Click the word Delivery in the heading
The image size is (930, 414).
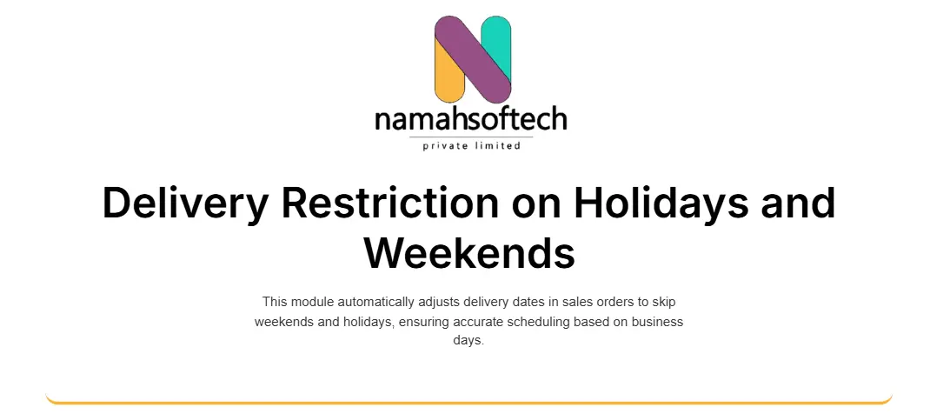(186, 204)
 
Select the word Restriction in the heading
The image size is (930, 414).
(390, 203)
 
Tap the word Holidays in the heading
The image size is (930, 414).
(661, 204)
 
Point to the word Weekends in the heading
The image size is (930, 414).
(469, 252)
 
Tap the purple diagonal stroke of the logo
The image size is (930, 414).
(473, 59)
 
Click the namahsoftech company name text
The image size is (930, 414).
(471, 118)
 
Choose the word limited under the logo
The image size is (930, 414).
(498, 145)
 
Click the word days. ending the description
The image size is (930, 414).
(468, 341)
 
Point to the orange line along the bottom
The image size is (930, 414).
(469, 402)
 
